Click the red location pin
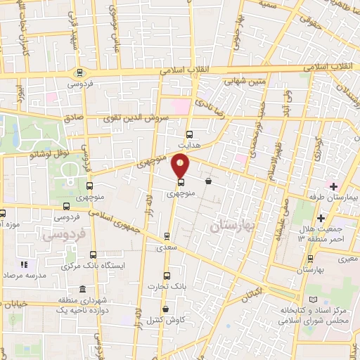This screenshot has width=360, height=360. [x=181, y=165]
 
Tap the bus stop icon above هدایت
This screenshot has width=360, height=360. [x=188, y=134]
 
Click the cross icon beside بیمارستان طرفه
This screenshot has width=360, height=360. [x=333, y=186]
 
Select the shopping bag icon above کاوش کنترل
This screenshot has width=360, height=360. [x=165, y=309]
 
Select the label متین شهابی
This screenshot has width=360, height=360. [x=245, y=81]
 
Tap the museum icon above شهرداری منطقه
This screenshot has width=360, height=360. [x=83, y=290]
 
